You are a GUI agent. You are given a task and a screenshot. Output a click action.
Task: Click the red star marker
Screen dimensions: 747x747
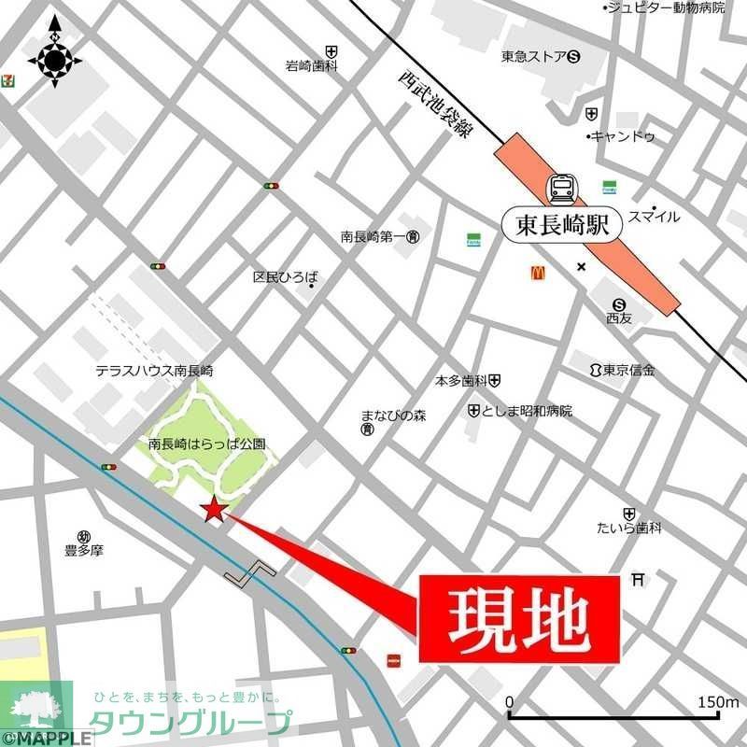tap(214, 510)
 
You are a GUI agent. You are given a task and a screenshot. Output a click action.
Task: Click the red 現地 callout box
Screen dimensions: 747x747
tap(519, 619)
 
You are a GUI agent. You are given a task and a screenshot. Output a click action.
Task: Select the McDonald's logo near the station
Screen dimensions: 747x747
tap(538, 273)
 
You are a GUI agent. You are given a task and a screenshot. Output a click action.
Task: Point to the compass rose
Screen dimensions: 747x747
tap(54, 60)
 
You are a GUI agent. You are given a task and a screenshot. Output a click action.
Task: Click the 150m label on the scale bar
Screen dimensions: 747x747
tap(717, 702)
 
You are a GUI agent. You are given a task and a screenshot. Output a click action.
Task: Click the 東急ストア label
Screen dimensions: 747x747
tap(533, 56)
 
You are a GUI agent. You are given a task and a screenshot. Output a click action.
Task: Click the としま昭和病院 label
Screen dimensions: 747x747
tap(527, 411)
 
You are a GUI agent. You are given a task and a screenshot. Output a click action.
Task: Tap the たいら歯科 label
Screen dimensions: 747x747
tap(629, 529)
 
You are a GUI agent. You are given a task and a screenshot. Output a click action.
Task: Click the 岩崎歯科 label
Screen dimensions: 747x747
tap(311, 66)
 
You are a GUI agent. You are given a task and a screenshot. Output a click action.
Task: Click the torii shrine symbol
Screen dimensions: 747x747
tap(639, 580)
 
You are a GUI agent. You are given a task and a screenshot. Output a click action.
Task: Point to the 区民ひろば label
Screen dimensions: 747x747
tap(285, 277)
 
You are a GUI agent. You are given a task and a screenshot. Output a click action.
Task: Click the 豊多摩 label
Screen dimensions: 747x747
tap(84, 550)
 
